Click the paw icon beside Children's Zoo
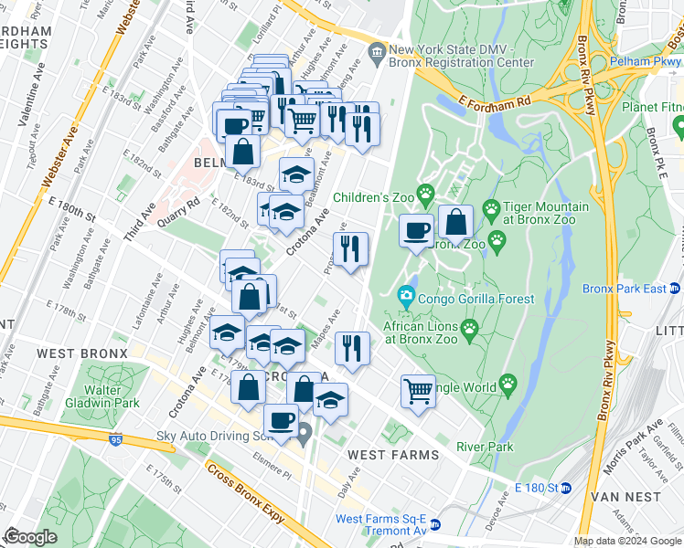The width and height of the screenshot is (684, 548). (425, 193)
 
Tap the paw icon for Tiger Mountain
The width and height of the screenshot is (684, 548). (491, 209)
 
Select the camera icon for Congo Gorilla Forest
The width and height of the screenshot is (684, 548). (405, 296)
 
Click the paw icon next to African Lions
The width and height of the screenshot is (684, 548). (470, 328)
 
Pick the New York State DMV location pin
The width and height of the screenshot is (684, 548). (377, 52)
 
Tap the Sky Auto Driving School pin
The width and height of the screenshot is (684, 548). (305, 430)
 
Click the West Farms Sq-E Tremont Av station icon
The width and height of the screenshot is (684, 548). (435, 525)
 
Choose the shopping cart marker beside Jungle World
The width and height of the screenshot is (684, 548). (418, 391)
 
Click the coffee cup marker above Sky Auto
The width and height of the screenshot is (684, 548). (282, 420)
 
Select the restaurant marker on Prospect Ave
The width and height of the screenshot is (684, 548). (350, 248)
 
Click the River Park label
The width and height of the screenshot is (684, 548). (486, 447)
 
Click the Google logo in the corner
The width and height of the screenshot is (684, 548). (30, 537)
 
